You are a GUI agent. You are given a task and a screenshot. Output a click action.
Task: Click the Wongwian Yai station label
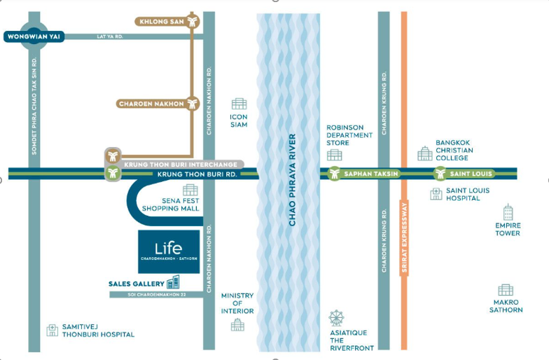(34, 36)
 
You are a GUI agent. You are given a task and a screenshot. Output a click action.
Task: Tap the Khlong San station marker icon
(192, 21)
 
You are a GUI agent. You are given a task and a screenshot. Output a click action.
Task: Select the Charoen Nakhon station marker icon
(192, 104)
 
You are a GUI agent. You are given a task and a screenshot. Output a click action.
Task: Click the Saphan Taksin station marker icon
(335, 174)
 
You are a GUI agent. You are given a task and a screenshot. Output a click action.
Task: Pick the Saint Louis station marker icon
(440, 174)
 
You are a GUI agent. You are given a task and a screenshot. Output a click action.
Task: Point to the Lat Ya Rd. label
(109, 36)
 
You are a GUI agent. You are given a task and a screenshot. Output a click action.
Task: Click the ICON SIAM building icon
(239, 104)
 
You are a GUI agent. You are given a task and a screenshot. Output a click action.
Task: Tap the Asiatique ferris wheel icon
(336, 318)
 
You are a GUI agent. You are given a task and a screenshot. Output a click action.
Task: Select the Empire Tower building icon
(508, 212)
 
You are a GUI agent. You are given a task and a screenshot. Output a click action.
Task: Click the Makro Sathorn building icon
(506, 290)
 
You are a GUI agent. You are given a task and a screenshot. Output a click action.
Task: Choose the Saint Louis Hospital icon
(436, 193)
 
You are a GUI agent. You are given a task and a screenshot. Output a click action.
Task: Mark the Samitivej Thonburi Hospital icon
(53, 330)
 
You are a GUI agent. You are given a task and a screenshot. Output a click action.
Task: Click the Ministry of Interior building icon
(237, 325)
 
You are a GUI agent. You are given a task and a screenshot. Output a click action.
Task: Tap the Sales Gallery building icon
(174, 282)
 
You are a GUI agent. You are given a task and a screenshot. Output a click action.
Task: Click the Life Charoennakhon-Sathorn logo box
(169, 251)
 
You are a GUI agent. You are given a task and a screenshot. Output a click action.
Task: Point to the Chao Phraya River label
(293, 180)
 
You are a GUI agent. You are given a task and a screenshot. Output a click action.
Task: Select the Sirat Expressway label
(405, 237)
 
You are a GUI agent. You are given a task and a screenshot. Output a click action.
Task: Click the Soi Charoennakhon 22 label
(157, 294)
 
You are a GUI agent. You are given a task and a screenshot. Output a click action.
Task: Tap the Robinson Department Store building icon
(335, 155)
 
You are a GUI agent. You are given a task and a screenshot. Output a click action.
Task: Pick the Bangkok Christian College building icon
(425, 153)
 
